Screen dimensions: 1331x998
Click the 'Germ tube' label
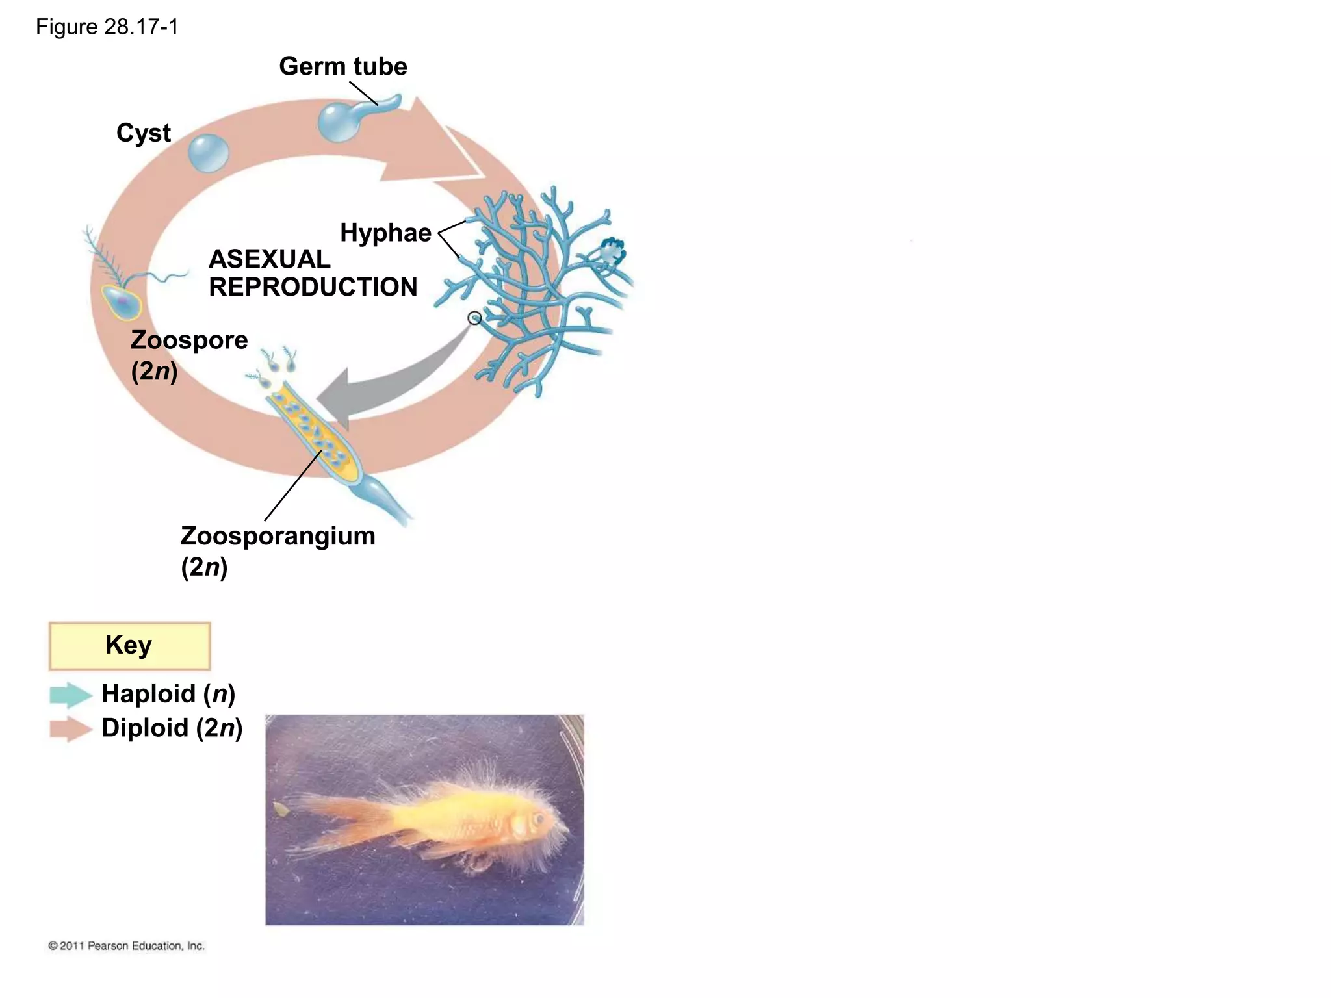[342, 66]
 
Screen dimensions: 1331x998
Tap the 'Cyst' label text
[144, 133]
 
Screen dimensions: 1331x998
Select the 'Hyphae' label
[385, 233]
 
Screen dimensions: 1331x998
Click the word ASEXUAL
[269, 259]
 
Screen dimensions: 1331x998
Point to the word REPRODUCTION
[313, 287]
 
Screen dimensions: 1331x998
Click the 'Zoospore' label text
[189, 340]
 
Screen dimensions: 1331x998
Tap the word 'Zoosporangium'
[278, 537]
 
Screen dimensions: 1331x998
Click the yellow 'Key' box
[129, 645]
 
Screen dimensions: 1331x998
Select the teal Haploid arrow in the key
[70, 695]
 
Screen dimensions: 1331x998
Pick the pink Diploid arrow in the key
[70, 728]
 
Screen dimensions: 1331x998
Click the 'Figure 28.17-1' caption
[107, 27]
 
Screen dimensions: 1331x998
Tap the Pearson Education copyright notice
[126, 946]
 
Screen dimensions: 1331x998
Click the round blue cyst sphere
[208, 154]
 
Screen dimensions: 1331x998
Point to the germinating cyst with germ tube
[339, 121]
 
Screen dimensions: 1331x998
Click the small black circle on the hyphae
[475, 318]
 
